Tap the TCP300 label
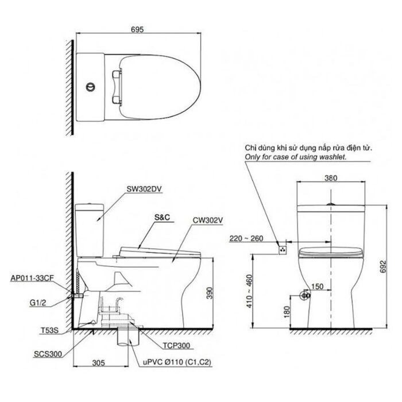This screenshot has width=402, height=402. point(175,346)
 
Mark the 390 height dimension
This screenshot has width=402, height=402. point(218,293)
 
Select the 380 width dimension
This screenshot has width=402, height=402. point(330,177)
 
